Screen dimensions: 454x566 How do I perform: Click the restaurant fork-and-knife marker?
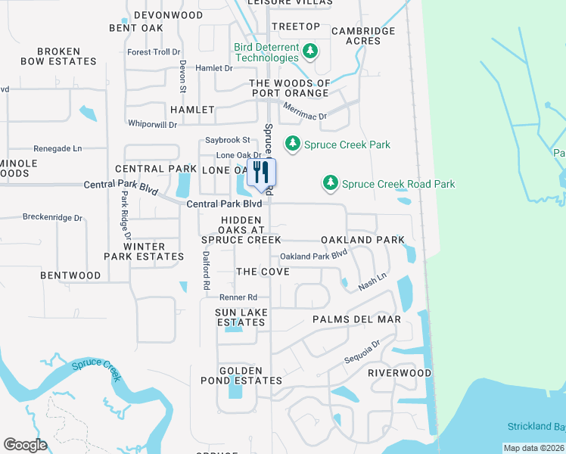point(261,173)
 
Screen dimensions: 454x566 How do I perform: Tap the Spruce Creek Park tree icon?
point(291,144)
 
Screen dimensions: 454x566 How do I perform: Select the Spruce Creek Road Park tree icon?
point(330,183)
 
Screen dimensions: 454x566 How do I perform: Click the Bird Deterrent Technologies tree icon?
point(309,51)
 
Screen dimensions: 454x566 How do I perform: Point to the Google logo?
point(25,445)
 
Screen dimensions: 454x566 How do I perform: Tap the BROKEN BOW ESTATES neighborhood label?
point(58,57)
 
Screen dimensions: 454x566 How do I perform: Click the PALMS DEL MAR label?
point(356,319)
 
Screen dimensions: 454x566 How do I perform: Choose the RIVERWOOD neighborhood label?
point(400,373)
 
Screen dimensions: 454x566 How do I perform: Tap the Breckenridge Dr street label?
point(52,217)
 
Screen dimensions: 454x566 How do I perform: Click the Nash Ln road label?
point(373,279)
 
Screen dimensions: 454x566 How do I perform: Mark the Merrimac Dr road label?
point(304,112)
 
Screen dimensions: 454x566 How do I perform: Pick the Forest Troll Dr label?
point(154,52)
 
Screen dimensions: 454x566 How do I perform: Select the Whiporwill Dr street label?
point(152,124)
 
